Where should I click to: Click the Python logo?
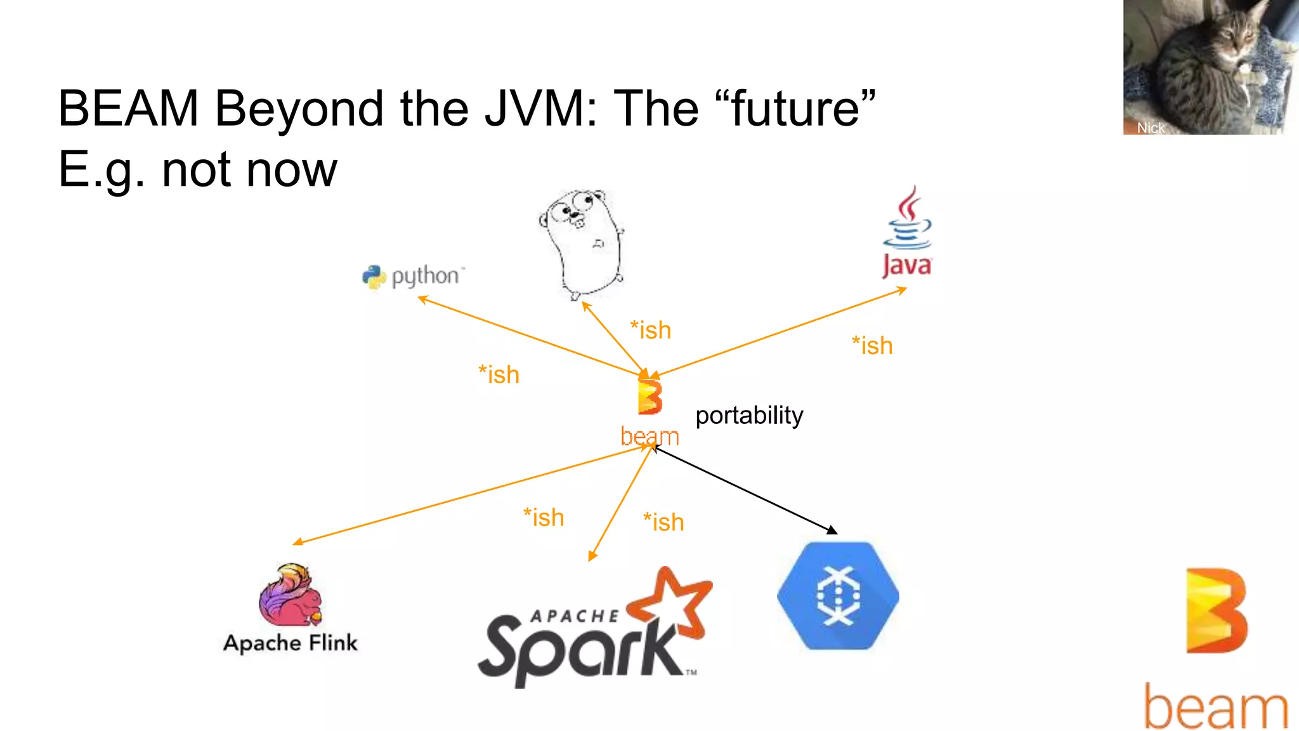point(375,277)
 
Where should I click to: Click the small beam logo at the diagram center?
point(649,398)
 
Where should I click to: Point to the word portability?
point(749,416)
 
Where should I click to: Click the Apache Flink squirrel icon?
point(291,595)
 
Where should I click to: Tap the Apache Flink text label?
point(290,643)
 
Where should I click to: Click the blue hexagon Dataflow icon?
point(838,595)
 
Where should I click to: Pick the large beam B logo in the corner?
point(1216,610)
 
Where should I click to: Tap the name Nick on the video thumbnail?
point(1150,128)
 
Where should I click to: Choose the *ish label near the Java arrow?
point(872,346)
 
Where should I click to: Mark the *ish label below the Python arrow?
point(499,374)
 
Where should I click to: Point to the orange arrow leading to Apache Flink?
point(469,496)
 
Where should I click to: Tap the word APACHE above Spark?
point(574,616)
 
